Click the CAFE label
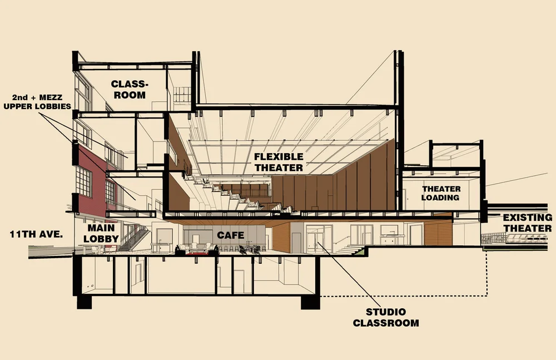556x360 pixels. click(231, 235)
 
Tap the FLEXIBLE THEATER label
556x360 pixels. click(280, 162)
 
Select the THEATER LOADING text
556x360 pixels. click(440, 193)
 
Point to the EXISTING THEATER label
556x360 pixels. click(528, 223)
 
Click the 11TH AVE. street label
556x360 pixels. click(36, 234)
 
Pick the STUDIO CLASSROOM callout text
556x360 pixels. click(386, 317)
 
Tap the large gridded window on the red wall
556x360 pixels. click(84, 181)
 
